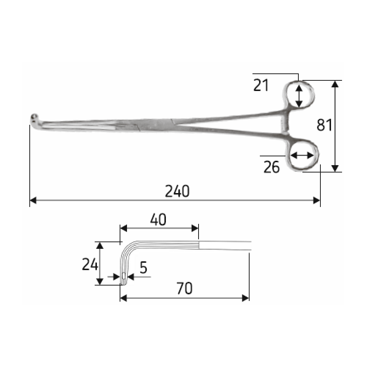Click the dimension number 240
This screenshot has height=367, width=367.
point(177,191)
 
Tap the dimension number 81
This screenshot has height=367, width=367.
point(324,125)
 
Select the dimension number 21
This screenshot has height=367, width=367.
point(261,85)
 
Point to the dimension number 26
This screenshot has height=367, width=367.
point(272,167)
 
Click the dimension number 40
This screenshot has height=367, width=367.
point(158,219)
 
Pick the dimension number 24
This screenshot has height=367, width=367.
point(90,265)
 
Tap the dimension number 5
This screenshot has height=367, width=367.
point(143,267)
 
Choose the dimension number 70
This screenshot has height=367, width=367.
point(185,288)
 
